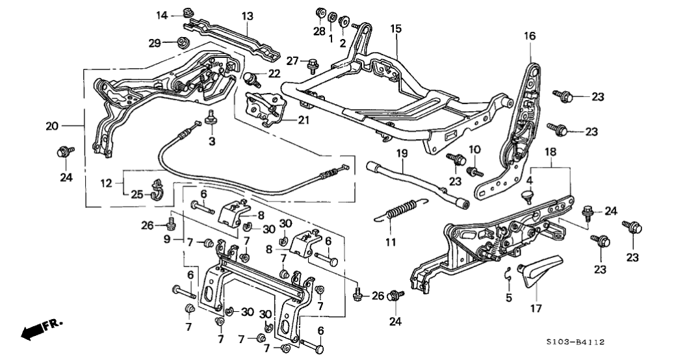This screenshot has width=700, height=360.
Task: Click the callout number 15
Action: [396, 29]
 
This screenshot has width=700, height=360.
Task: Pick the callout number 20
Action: [52, 127]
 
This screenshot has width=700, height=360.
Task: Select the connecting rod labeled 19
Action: [416, 182]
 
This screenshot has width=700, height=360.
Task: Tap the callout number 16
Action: [530, 36]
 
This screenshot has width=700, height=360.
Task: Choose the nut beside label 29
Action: [181, 44]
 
